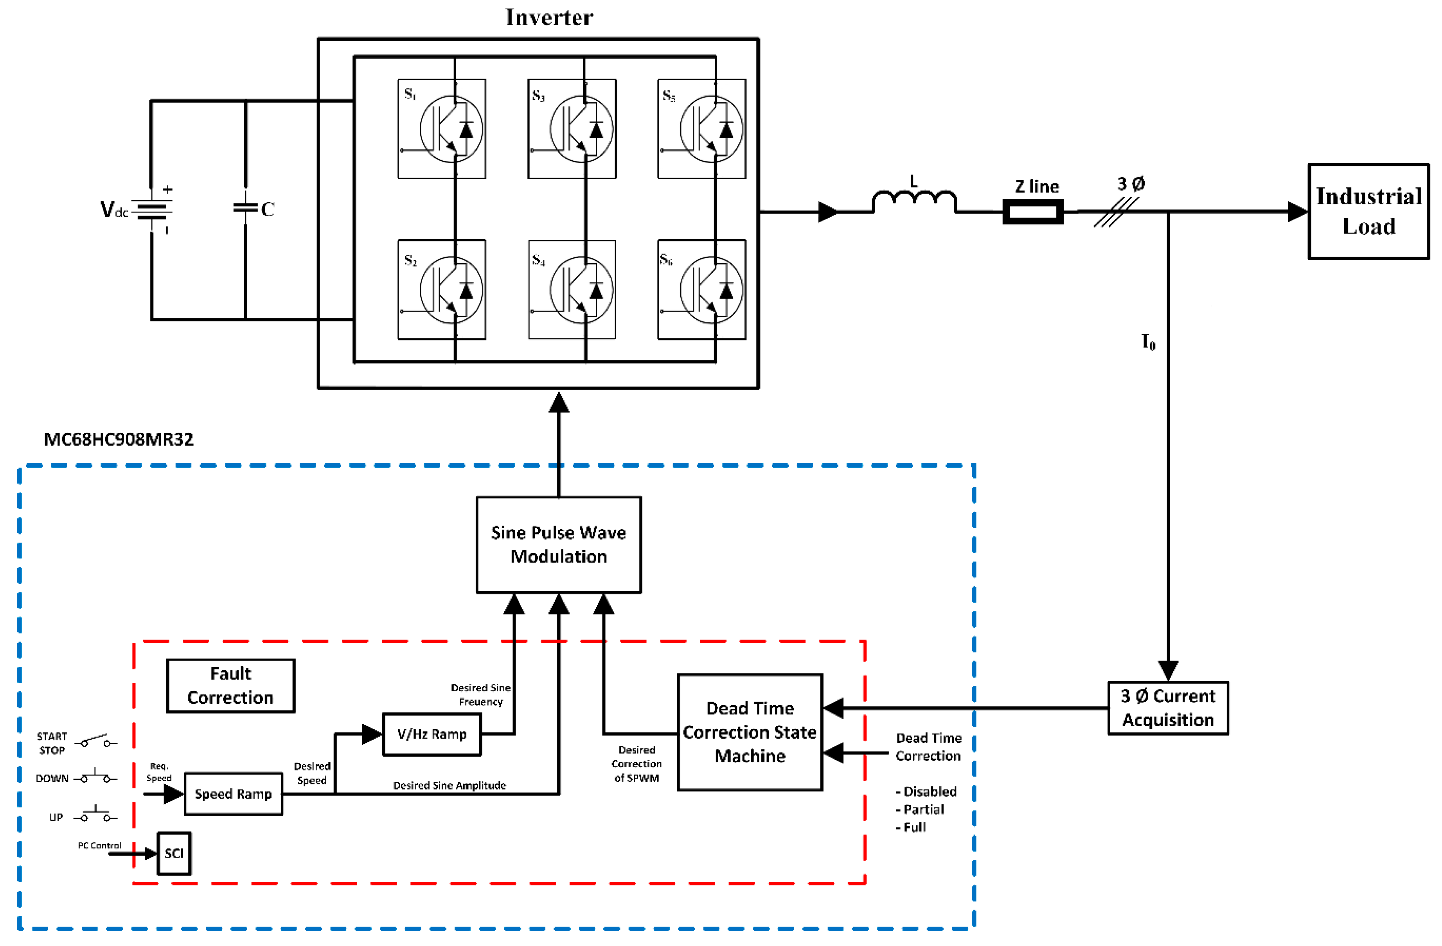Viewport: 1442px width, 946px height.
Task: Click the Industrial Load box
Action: coord(1368,212)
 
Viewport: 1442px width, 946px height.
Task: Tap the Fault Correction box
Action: coord(230,685)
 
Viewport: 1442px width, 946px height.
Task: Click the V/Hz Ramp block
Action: coord(432,734)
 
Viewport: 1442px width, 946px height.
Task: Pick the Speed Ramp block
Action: coord(233,793)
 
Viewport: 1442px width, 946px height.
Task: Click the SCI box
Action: coord(174,852)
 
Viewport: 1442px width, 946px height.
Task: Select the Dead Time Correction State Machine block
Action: coord(750,732)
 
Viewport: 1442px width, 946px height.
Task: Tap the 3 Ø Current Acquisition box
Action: coord(1167,708)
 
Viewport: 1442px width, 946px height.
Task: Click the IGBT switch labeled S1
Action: coord(442,128)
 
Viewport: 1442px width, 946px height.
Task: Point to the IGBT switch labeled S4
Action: coord(572,290)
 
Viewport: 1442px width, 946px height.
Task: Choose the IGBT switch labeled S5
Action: coord(701,128)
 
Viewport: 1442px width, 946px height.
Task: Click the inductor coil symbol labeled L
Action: coord(914,201)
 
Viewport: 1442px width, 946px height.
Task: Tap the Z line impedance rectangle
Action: coord(1032,212)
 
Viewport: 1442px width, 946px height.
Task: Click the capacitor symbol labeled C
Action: coord(245,207)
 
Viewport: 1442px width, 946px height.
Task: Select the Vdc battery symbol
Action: coord(151,210)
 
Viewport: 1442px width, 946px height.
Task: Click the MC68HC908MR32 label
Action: coord(119,439)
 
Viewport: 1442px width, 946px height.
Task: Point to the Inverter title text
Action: coord(549,18)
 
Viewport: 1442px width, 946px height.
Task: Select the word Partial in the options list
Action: coord(923,809)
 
